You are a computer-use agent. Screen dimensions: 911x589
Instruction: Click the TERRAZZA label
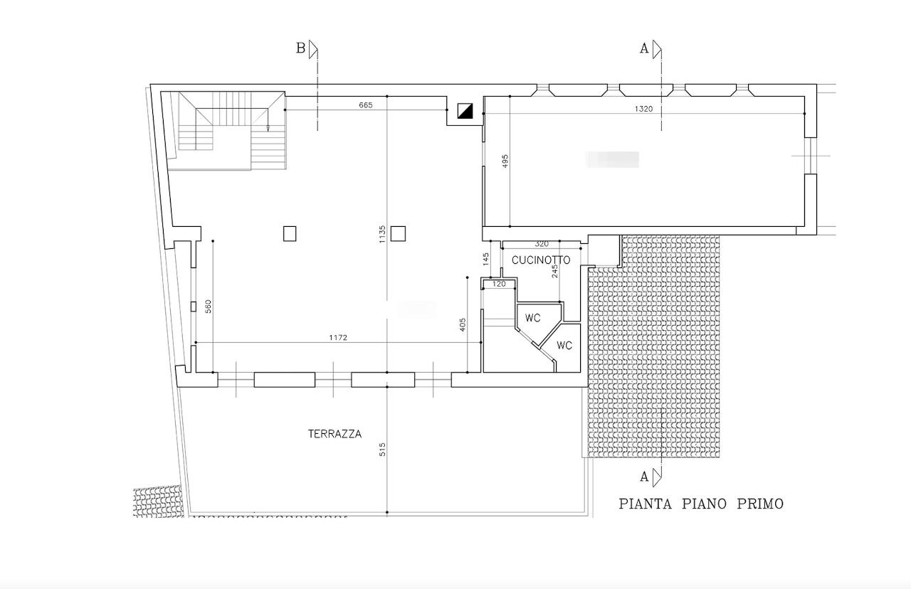click(x=335, y=434)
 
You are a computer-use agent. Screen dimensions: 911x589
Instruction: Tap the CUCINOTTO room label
click(x=541, y=260)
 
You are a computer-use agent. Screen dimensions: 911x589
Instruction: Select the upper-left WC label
click(x=533, y=318)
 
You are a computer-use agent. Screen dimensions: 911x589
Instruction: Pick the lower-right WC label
click(x=564, y=346)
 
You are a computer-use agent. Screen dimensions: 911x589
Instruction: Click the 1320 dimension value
click(x=643, y=109)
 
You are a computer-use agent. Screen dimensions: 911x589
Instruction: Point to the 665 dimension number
click(x=366, y=105)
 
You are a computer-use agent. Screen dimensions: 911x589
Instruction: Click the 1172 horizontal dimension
click(x=338, y=337)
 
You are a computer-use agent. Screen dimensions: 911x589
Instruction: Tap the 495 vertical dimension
click(x=505, y=161)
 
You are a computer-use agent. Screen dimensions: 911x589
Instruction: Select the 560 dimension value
click(x=209, y=307)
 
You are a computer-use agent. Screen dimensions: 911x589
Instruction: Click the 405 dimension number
click(x=463, y=325)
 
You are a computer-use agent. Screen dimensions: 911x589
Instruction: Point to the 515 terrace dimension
click(x=382, y=449)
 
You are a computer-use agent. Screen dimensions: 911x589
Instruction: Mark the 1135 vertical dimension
click(x=382, y=234)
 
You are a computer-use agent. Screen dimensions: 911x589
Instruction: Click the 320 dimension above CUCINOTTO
click(x=542, y=244)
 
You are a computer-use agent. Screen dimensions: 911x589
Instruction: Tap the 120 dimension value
click(x=499, y=284)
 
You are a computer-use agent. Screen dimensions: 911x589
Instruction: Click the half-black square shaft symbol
click(x=465, y=111)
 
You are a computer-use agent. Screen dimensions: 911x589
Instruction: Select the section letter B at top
click(x=300, y=48)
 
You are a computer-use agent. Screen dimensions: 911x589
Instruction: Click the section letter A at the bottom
click(x=644, y=477)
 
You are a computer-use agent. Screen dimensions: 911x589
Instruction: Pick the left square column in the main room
click(x=290, y=234)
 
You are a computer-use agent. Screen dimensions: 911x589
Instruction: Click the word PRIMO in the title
click(x=760, y=504)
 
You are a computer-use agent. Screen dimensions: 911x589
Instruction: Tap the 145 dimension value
click(x=485, y=259)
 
